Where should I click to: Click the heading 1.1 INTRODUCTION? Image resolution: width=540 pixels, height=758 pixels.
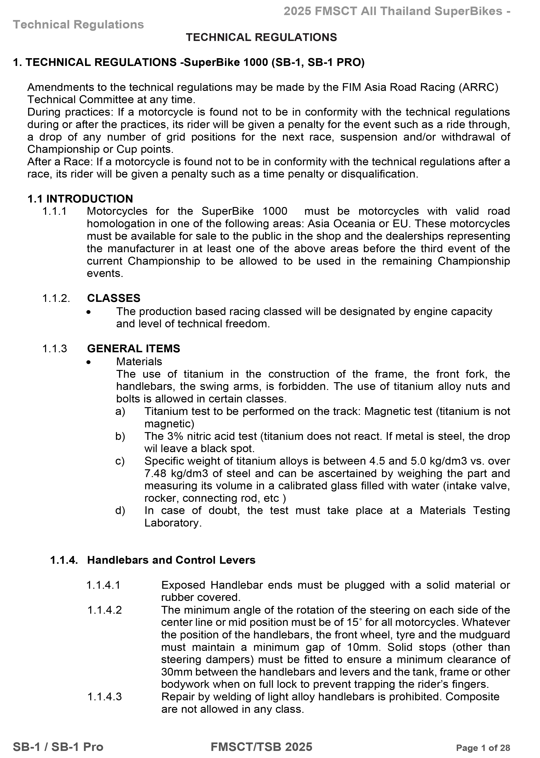[x=80, y=199]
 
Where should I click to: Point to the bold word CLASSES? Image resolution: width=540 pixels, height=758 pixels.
[x=114, y=298]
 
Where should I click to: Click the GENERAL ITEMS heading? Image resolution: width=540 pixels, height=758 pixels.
[x=134, y=349]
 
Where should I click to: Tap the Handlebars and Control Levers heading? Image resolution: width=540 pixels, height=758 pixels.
[x=171, y=560]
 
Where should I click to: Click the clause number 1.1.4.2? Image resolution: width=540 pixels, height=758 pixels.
[x=104, y=610]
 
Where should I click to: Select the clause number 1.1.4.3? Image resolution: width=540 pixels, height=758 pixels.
[x=104, y=697]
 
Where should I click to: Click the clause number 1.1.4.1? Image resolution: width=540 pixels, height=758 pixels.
[x=103, y=585]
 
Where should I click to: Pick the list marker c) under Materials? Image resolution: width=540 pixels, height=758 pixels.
[x=120, y=461]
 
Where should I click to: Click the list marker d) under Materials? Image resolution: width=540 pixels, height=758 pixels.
[x=120, y=510]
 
